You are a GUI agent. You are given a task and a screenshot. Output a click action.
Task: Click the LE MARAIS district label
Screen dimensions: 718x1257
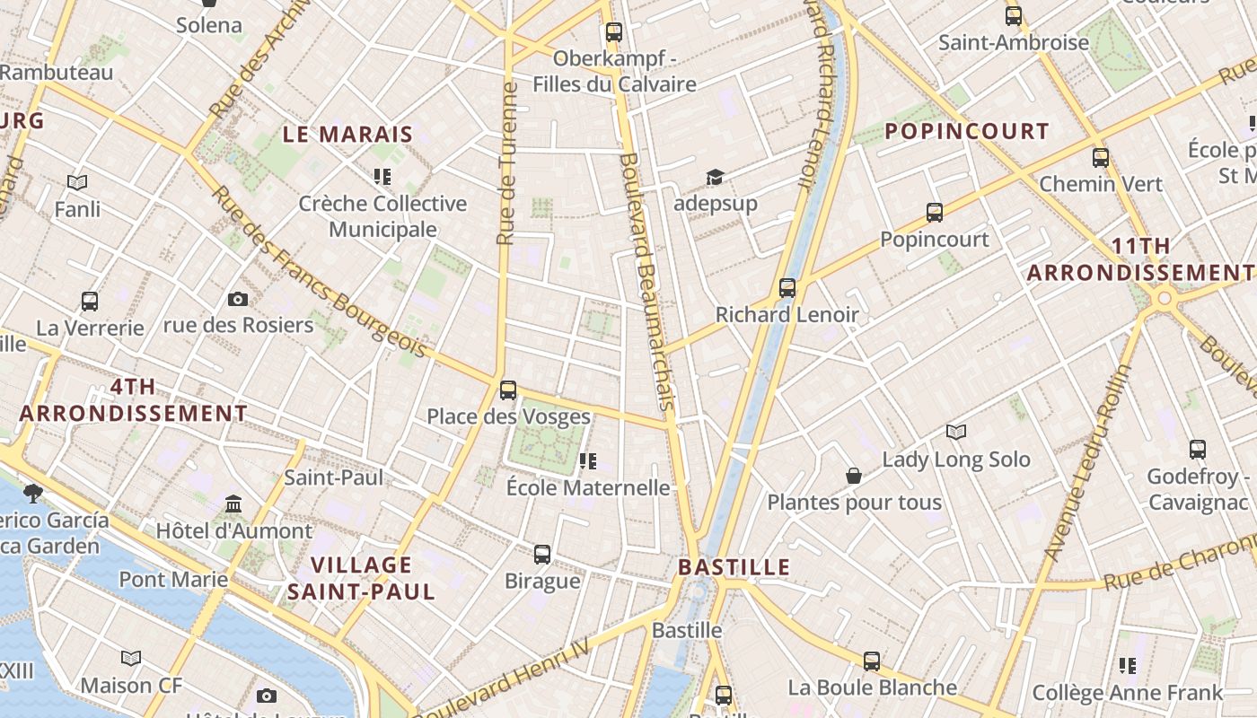347,135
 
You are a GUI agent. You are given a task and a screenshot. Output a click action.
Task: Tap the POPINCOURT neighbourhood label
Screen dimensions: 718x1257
966,131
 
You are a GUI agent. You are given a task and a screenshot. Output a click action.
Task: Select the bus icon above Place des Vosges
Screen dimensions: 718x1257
508,390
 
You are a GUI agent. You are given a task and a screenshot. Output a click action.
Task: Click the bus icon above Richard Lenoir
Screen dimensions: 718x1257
787,288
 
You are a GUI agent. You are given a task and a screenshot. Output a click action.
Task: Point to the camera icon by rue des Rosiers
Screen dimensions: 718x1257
238,299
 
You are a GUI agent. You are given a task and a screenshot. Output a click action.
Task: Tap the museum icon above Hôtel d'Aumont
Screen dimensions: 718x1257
233,503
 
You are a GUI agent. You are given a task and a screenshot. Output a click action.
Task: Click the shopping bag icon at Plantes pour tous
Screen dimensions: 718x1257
854,476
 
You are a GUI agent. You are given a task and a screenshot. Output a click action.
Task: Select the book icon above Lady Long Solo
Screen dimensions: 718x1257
956,433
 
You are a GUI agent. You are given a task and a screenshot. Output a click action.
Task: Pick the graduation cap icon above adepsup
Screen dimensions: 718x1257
715,177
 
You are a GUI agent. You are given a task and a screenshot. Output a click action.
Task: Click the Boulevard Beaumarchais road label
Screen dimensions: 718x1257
646,281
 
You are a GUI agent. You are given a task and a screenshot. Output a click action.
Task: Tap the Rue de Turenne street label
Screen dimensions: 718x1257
507,164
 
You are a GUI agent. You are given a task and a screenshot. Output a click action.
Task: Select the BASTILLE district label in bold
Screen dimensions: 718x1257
734,567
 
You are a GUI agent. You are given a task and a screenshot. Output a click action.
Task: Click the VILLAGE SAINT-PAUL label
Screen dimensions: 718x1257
361,578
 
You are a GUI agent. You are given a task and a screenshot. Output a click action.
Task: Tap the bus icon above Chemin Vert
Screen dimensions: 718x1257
1101,158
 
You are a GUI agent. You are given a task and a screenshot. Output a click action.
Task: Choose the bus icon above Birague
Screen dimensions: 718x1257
542,555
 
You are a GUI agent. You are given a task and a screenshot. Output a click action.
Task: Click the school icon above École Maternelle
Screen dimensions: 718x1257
588,461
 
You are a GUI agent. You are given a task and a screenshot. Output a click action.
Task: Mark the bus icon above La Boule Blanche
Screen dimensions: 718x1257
871,661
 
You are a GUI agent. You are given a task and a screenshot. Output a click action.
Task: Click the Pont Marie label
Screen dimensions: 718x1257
173,579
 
